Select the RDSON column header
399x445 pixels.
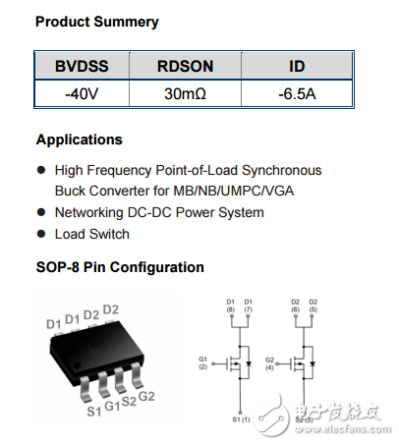pos(185,67)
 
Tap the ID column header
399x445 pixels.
pos(296,67)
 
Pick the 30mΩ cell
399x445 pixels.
pos(185,96)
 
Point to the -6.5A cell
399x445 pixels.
pos(296,96)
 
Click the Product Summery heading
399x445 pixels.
pos(96,22)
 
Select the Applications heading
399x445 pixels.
pos(80,139)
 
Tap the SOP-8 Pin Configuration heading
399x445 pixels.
pos(120,267)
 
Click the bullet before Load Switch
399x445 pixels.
pos(40,234)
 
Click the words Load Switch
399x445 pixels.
pos(91,234)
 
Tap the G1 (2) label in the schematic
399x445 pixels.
pos(204,362)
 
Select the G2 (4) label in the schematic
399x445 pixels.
pos(269,362)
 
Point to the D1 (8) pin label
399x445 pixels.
pos(230,306)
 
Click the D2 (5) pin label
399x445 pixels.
pos(313,306)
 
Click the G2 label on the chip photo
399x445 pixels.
pos(146,396)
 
